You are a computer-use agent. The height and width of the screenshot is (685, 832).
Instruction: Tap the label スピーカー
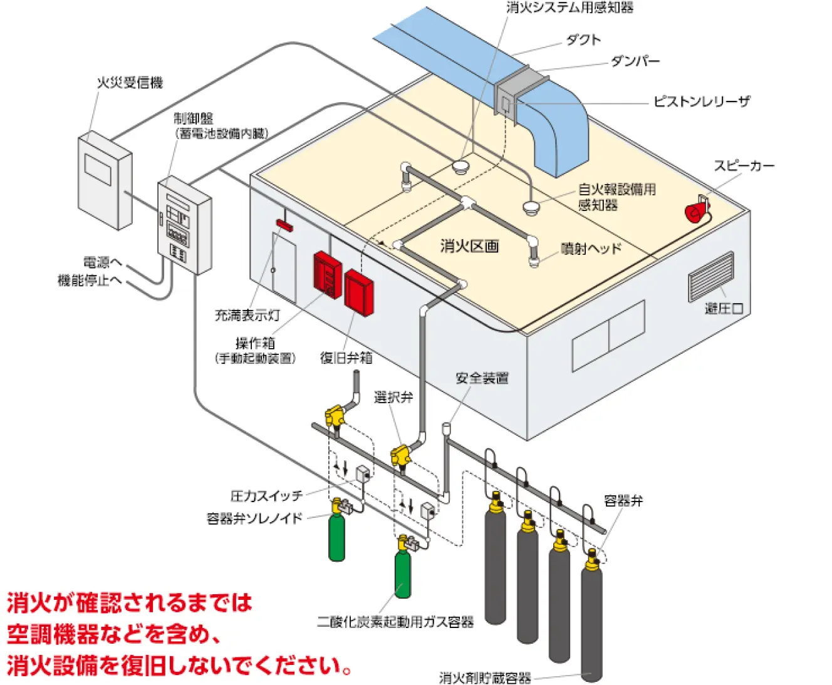pyautogui.click(x=744, y=165)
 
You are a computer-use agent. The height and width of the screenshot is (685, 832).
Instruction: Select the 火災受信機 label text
pyautogui.click(x=129, y=83)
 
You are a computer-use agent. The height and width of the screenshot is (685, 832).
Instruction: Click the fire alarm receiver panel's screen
pyautogui.click(x=98, y=169)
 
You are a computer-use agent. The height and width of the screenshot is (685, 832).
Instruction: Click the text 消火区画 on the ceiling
pyautogui.click(x=469, y=246)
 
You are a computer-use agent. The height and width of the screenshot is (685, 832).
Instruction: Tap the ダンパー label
pyautogui.click(x=635, y=61)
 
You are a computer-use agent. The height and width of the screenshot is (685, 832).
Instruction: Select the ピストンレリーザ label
pyautogui.click(x=702, y=101)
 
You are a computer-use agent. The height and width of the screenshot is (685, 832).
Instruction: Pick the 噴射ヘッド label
pyautogui.click(x=591, y=249)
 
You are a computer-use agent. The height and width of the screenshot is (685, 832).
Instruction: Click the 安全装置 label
pyautogui.click(x=482, y=378)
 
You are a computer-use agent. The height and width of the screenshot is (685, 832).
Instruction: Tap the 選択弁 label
pyautogui.click(x=393, y=397)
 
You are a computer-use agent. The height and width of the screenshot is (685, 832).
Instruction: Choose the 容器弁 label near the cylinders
pyautogui.click(x=623, y=500)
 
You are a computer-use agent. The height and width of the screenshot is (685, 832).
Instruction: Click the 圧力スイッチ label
pyautogui.click(x=266, y=496)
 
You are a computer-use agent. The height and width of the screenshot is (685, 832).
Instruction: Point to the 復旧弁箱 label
pyautogui.click(x=346, y=358)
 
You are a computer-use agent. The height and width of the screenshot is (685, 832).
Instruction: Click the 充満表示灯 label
pyautogui.click(x=247, y=315)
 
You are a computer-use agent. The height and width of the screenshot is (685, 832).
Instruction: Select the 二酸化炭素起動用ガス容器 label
pyautogui.click(x=395, y=622)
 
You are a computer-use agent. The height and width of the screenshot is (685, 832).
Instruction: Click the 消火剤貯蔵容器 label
pyautogui.click(x=485, y=677)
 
